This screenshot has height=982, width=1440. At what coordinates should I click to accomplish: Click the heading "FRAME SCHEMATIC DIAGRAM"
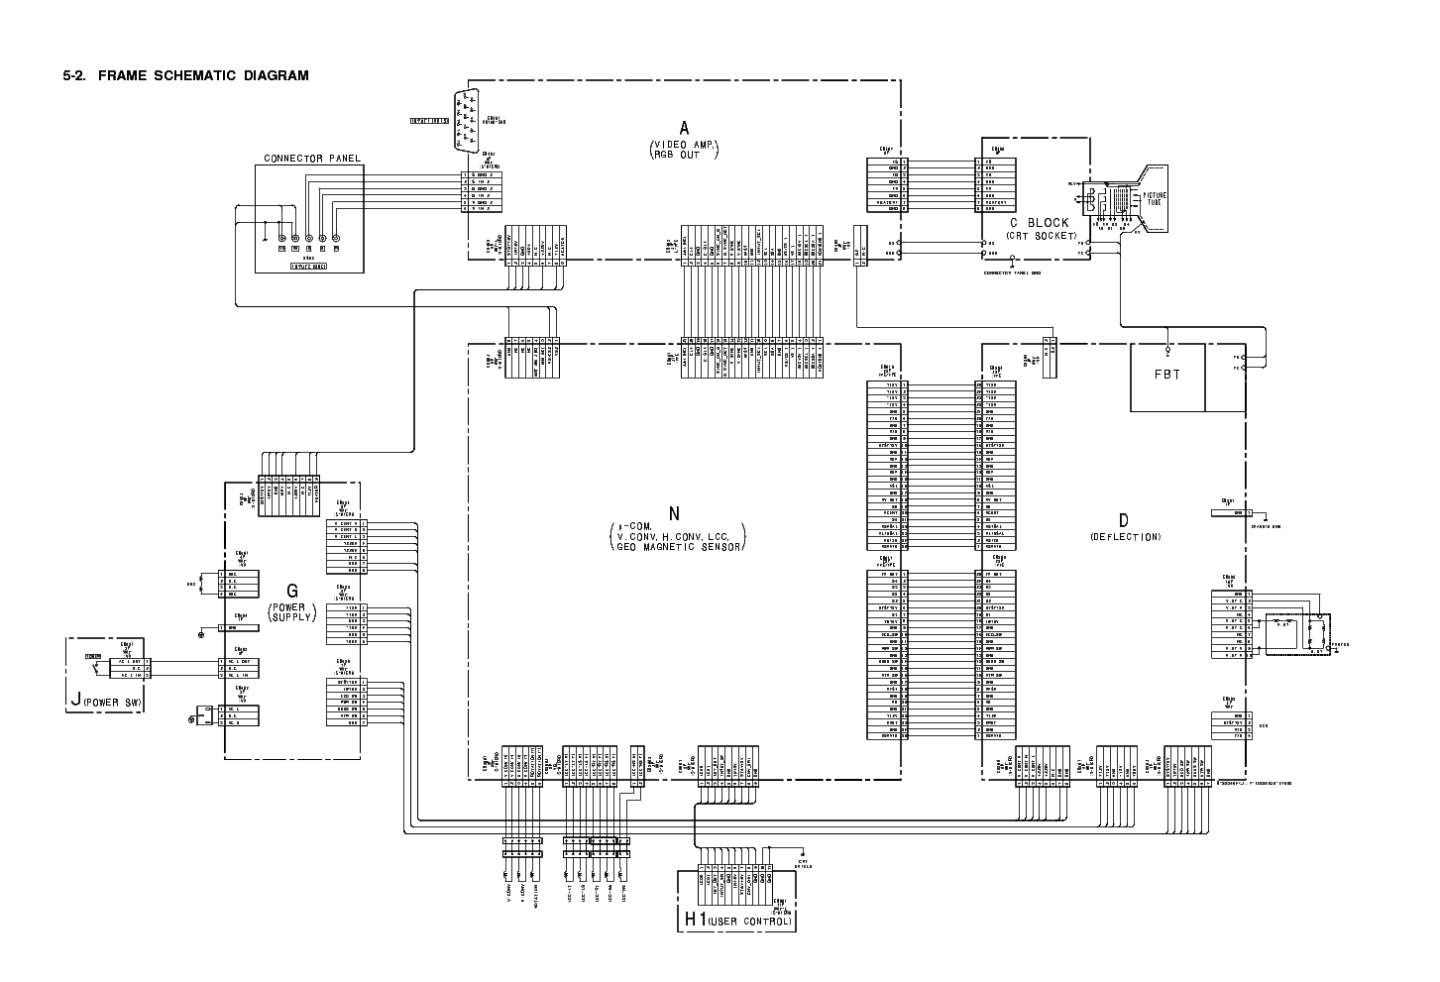pos(203,75)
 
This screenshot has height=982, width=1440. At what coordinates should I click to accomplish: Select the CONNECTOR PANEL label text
pos(312,159)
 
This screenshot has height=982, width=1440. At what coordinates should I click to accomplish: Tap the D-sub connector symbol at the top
pos(466,120)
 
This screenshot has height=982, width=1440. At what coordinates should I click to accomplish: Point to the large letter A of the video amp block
pos(684,127)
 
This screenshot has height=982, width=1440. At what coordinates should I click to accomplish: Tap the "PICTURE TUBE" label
pos(1156,199)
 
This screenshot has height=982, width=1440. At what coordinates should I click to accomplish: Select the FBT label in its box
pos(1167,378)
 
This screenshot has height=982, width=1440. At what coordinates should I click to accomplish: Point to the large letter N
pos(675,513)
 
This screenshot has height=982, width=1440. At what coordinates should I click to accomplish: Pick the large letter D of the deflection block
pos(1124,520)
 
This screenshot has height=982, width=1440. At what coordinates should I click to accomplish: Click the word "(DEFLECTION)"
pos(1125,537)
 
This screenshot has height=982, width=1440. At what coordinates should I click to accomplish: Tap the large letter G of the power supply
pos(291,593)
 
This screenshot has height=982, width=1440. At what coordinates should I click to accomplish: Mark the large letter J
pos(75,701)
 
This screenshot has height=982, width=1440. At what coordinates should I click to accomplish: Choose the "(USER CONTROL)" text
pos(751,923)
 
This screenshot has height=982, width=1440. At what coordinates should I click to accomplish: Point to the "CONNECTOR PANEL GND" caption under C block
pos(1012,273)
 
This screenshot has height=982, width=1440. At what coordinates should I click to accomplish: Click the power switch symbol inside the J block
pos(95,668)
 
